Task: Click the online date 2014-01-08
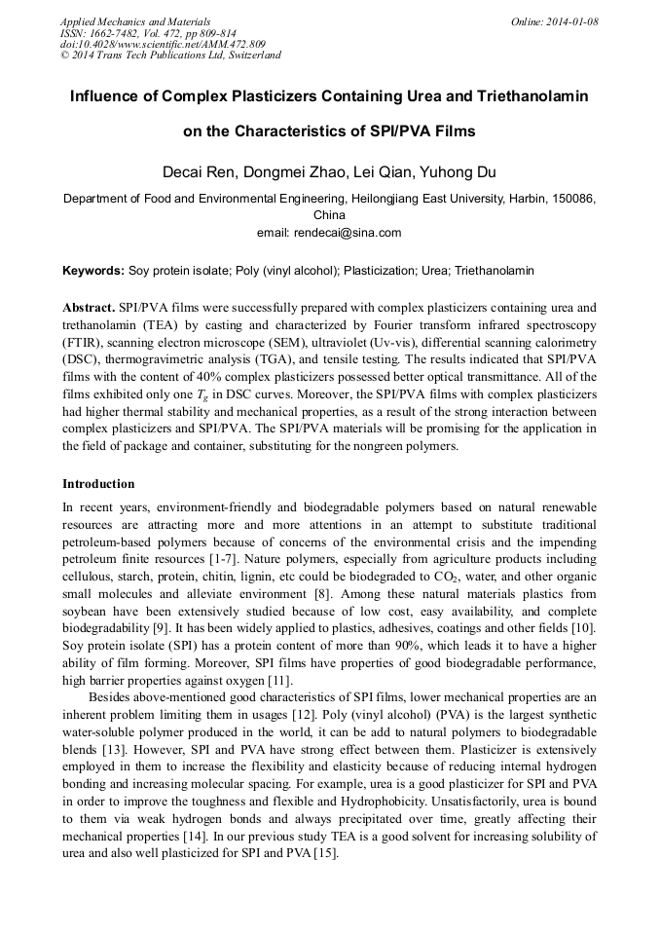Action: click(x=572, y=21)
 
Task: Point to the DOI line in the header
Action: click(x=163, y=44)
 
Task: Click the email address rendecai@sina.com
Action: click(x=356, y=233)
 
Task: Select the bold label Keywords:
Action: click(x=93, y=270)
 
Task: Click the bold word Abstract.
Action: click(x=89, y=305)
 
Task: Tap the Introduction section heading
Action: click(x=98, y=484)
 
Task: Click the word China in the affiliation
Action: click(x=329, y=215)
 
